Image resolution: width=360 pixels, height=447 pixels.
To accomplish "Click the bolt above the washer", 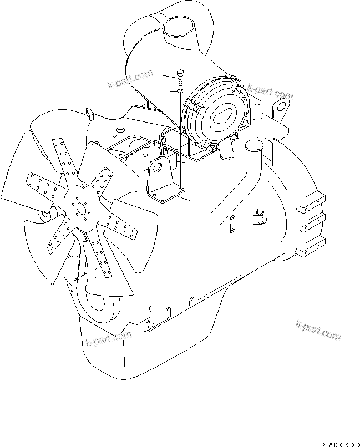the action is coord(180,77).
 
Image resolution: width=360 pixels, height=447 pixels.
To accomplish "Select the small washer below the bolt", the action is coord(180,91).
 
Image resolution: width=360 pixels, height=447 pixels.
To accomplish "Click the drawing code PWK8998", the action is coord(341,445).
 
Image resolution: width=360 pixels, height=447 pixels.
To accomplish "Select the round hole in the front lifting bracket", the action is coord(156,168).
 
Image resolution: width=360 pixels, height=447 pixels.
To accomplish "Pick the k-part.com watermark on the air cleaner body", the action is coord(130,79).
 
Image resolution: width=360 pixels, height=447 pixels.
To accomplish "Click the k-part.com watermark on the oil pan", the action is coord(109,338).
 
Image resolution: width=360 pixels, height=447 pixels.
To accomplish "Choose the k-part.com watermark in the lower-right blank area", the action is coord(318,330).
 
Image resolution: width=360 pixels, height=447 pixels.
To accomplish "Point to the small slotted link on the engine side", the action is coord(232,223).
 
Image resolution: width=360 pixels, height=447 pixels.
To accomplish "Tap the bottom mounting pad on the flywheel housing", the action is coord(311,247).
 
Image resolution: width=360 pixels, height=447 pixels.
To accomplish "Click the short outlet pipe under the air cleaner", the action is coord(226,149).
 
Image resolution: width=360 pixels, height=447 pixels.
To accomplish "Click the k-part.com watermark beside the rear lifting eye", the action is coord(270,91).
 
